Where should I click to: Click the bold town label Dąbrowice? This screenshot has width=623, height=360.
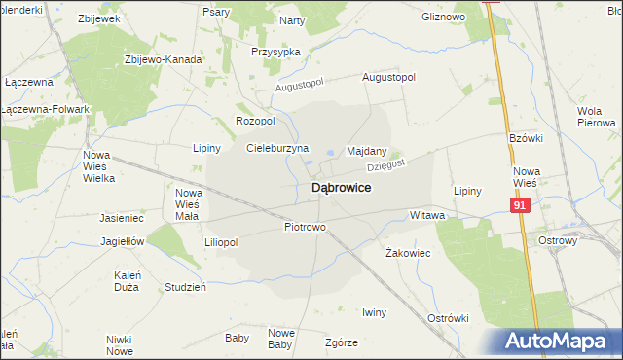coord(340,188)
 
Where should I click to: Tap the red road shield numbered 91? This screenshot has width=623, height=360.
coord(520,205)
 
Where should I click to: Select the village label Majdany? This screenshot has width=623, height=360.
coord(367,152)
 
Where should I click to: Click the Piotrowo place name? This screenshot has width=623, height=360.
coord(305,227)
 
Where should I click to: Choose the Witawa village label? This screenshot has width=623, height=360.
coord(427,215)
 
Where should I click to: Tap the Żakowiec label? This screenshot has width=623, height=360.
coord(409,252)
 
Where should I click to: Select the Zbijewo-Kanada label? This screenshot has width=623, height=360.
coord(164,59)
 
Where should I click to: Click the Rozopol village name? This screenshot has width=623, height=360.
coord(256,121)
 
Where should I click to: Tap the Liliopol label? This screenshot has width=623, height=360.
coord(221,242)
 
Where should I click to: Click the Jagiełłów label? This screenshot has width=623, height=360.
coord(123,241)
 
